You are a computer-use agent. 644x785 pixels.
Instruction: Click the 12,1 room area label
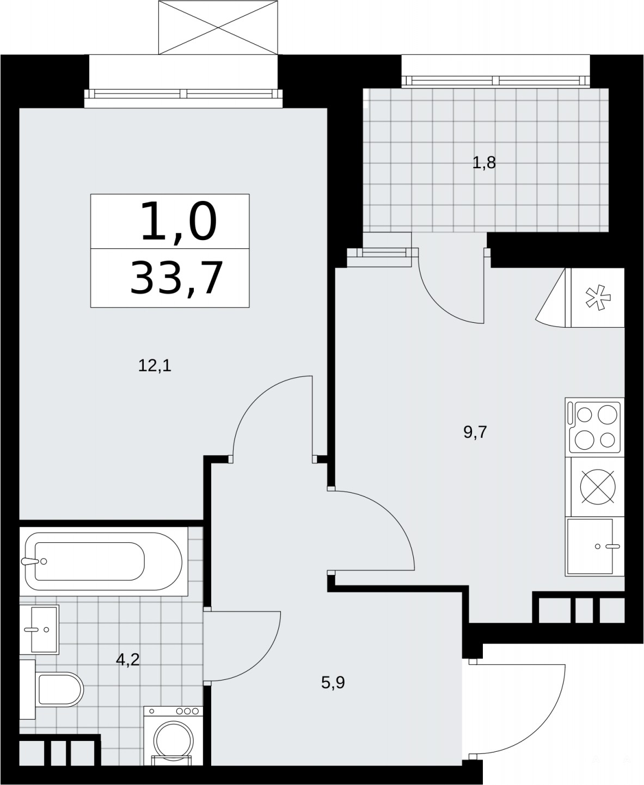click(155, 366)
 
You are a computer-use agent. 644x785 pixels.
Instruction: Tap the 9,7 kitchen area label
click(475, 432)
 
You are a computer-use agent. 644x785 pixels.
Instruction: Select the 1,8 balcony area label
click(484, 163)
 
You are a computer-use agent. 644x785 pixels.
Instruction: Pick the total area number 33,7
click(176, 278)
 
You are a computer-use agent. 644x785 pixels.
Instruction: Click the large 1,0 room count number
click(179, 221)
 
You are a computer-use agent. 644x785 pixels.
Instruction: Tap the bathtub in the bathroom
click(103, 561)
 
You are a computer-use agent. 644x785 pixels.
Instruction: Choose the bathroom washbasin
click(39, 629)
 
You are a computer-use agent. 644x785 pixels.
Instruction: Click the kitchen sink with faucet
click(594, 547)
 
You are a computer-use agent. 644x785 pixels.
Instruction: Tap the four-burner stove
click(594, 427)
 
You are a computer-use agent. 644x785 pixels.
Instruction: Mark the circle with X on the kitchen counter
click(598, 487)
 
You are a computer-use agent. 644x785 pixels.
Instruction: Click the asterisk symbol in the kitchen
click(598, 298)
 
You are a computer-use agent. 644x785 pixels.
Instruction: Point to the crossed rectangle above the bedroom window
click(218, 28)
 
